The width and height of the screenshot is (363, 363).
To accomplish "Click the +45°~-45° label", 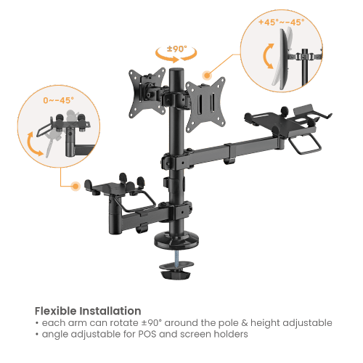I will tap(279, 23).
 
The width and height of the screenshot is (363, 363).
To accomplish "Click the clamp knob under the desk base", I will tap(175, 275).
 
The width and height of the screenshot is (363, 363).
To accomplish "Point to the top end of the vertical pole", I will tap(175, 70).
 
